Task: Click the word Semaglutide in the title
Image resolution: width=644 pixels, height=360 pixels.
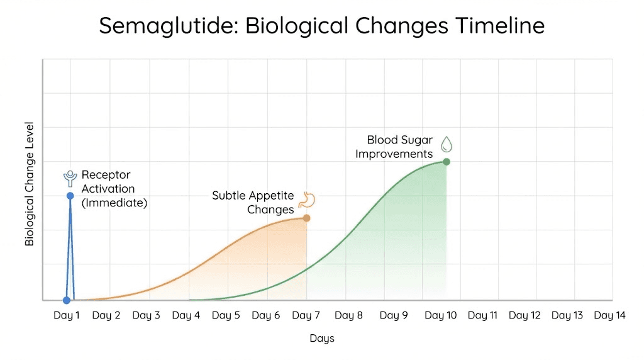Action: point(168,26)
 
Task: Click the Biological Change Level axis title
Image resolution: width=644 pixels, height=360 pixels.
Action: point(30,184)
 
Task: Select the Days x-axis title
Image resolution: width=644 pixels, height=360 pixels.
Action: point(322,339)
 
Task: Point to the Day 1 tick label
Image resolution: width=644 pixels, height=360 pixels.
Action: point(66,316)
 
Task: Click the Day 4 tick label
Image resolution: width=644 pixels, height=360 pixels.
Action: point(186,316)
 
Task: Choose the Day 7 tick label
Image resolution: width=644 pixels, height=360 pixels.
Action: point(306,316)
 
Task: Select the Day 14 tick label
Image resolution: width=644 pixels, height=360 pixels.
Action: point(609,316)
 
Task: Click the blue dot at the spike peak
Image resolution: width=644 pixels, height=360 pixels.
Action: point(70,196)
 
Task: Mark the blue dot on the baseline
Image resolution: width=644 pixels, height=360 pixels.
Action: point(67,300)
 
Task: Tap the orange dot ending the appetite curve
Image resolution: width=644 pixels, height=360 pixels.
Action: point(306,218)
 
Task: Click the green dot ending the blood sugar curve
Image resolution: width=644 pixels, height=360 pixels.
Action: point(447,162)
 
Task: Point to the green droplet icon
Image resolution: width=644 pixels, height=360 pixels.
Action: point(447,144)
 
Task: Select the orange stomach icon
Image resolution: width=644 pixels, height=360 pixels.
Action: point(307,200)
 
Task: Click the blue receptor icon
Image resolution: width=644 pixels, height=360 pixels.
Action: point(70,179)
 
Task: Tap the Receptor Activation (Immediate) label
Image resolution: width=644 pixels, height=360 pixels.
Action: point(114,189)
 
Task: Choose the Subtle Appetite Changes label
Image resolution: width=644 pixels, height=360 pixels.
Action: point(253,203)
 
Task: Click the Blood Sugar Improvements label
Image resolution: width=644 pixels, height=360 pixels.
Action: point(395,147)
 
